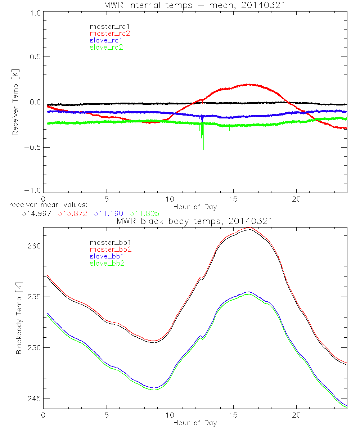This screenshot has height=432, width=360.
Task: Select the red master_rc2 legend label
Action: (x=110, y=33)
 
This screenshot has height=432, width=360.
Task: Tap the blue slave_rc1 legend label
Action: (x=107, y=40)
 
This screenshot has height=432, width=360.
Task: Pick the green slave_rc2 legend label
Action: (x=107, y=47)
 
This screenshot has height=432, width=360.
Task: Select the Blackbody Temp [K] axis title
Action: (x=19, y=318)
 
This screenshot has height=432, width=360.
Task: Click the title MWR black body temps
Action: (x=194, y=221)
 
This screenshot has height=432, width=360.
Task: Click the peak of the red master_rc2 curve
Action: (x=248, y=85)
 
